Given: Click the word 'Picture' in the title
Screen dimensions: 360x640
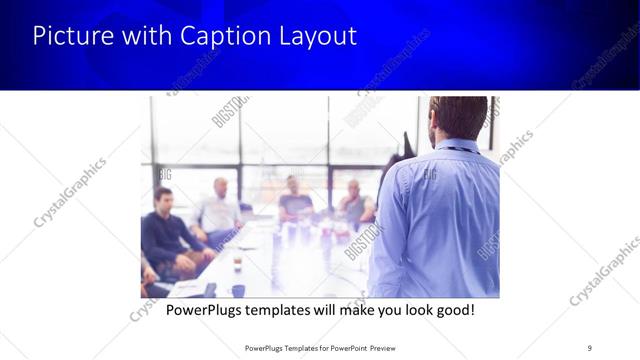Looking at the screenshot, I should pyautogui.click(x=69, y=37).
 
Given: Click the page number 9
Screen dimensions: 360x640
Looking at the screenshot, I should pyautogui.click(x=589, y=348).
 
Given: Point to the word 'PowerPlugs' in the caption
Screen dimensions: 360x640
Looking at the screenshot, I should pyautogui.click(x=203, y=310).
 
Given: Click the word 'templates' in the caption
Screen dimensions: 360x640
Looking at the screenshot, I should pyautogui.click(x=283, y=310).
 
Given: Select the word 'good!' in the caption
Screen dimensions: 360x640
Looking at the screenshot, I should pyautogui.click(x=454, y=310).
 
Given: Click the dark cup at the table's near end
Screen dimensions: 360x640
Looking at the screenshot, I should pyautogui.click(x=238, y=291).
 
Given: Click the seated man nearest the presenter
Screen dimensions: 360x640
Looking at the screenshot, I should pyautogui.click(x=354, y=204).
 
